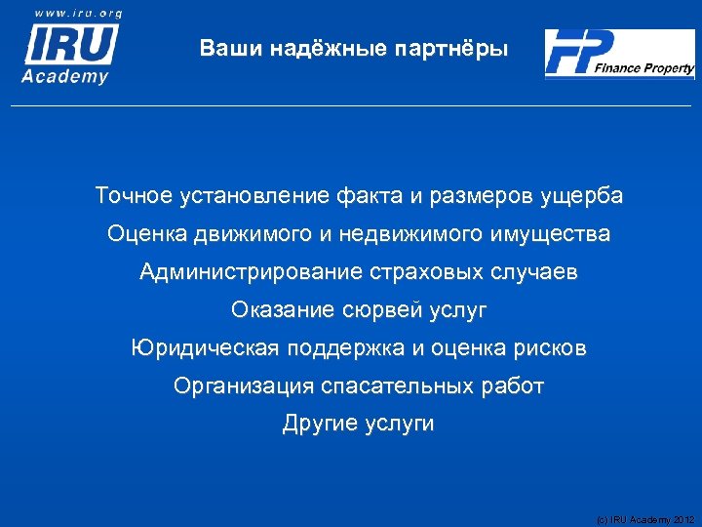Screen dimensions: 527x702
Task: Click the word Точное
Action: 134,196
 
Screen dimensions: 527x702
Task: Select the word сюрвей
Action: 382,310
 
